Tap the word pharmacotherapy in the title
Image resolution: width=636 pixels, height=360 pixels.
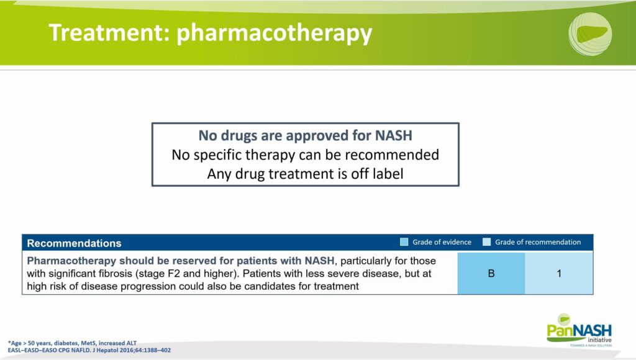(274, 34)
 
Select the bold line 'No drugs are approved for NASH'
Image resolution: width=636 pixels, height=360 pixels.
(305, 135)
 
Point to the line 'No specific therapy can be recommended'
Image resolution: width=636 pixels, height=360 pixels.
(305, 155)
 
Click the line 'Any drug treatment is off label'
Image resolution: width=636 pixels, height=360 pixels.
(305, 174)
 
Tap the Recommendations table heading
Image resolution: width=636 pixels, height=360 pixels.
(75, 243)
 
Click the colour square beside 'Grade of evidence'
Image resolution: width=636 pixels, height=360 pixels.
(404, 242)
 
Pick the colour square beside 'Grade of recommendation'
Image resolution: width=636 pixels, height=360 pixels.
(487, 242)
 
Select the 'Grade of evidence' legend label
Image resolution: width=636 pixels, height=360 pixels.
(442, 242)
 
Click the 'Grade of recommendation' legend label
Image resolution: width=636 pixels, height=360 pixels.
(538, 242)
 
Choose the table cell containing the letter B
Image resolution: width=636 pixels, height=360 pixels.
(491, 273)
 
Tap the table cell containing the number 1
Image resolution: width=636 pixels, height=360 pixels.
(559, 273)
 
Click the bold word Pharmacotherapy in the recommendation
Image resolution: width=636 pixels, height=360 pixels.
(71, 261)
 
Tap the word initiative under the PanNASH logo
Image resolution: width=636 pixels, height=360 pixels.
(599, 340)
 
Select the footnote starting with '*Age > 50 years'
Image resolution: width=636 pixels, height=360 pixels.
(72, 343)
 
